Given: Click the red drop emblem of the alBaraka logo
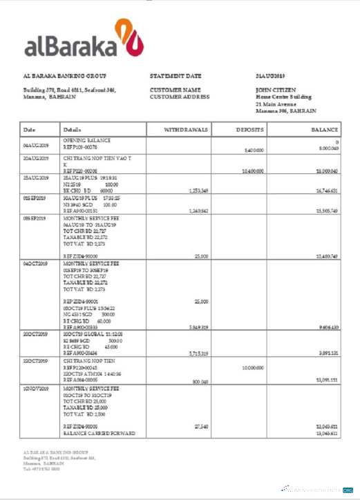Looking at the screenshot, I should point(129,39).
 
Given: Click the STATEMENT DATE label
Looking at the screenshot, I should point(176,75).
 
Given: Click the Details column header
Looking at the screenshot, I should point(72,129).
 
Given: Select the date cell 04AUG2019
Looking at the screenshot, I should point(36,146).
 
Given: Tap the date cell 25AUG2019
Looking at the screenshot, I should point(36,177).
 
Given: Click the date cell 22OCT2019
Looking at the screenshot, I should point(36,360).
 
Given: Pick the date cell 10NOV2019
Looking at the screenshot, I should point(36,389).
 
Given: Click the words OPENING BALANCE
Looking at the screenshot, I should point(87,140).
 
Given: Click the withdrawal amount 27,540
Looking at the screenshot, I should point(200,426).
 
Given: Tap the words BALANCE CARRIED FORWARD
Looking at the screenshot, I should point(99,434).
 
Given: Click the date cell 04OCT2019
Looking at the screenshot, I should point(36,264).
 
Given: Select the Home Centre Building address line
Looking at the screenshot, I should point(283,97).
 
